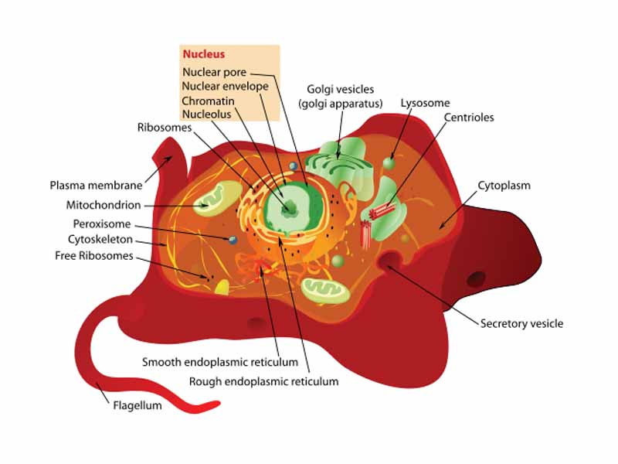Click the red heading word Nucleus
pyautogui.click(x=202, y=55)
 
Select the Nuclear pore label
pyautogui.click(x=214, y=72)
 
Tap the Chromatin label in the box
pyautogui.click(x=208, y=101)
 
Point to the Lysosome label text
pyautogui.click(x=425, y=103)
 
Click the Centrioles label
pyautogui.click(x=469, y=118)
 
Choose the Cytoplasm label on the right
pyautogui.click(x=504, y=186)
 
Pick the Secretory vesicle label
pyautogui.click(x=521, y=323)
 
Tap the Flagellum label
pyautogui.click(x=138, y=404)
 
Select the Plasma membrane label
pyautogui.click(x=96, y=186)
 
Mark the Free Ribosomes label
pyautogui.click(x=93, y=255)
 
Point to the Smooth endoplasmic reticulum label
pyautogui.click(x=220, y=362)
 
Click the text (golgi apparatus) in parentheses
pyautogui.click(x=341, y=104)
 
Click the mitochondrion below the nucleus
pyautogui.click(x=321, y=290)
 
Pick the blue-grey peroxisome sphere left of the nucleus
pyautogui.click(x=232, y=240)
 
